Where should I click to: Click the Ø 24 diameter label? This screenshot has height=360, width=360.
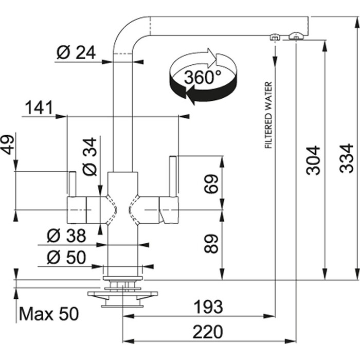76,52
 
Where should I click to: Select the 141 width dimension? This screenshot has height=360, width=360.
39,108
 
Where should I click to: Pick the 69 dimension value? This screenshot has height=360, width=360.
211,184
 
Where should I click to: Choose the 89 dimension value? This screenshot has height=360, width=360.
211,243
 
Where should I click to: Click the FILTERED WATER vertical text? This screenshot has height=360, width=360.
268,116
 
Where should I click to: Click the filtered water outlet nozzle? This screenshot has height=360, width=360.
275,37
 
